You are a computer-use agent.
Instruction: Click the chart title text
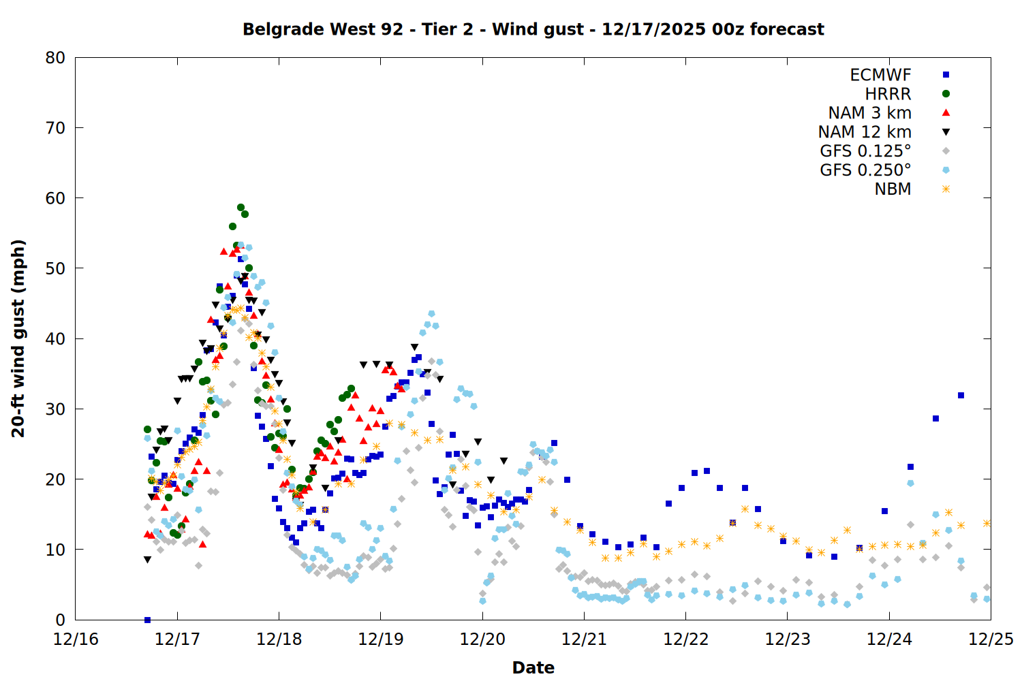tap(533, 29)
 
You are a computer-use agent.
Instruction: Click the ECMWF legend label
tap(880, 75)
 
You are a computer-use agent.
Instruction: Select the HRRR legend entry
tap(888, 94)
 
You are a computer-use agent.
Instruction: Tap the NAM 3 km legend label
tap(869, 113)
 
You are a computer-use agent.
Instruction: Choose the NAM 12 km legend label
tap(865, 132)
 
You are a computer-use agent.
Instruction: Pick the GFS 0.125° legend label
tap(865, 151)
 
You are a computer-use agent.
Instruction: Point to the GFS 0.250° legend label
tap(865, 170)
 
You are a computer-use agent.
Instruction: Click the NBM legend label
tap(893, 189)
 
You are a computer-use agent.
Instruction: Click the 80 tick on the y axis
tap(55, 58)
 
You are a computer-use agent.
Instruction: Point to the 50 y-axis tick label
tap(55, 268)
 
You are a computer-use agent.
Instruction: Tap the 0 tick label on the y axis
tap(61, 620)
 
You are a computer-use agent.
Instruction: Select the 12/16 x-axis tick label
tap(76, 639)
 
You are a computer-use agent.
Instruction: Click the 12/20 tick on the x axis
tap(482, 639)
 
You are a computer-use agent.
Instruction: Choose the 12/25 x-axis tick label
tap(991, 639)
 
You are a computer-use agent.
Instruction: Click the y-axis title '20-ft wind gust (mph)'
tap(18, 338)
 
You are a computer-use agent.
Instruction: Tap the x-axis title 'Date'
tap(533, 667)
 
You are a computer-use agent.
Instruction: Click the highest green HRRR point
tap(241, 207)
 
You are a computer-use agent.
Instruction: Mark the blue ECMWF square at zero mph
tap(147, 620)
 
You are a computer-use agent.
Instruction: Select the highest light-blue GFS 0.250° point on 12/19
tap(431, 314)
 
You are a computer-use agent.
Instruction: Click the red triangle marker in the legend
tap(946, 113)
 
